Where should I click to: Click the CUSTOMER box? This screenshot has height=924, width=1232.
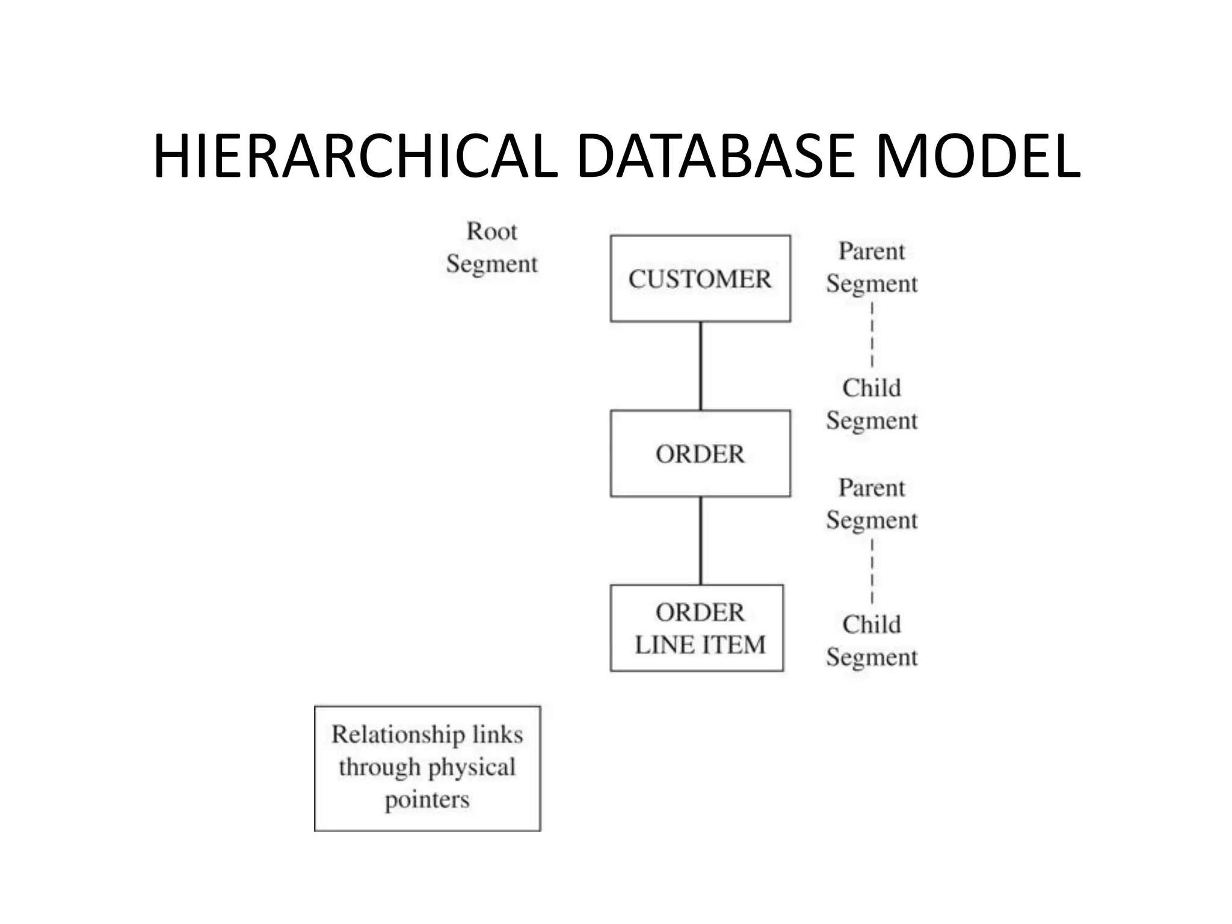700,279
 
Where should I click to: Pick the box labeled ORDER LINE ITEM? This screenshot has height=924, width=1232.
697,628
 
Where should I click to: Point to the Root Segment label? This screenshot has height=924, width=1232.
491,247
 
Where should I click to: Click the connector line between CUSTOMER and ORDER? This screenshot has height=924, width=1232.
701,366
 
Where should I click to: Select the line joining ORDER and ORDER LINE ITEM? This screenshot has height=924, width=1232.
701,540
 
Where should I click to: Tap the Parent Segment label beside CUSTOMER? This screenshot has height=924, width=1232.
872,267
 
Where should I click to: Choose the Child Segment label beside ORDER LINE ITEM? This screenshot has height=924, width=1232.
872,641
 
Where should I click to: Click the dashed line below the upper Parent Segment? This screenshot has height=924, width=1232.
872,334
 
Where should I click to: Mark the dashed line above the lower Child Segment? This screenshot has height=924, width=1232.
872,571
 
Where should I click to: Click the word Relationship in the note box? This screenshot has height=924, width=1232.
398,735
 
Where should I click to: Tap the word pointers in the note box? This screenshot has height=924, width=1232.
427,799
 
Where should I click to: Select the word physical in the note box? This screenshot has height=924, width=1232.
472,768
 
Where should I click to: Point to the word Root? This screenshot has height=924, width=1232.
491,231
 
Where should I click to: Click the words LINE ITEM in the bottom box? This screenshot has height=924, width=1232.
700,645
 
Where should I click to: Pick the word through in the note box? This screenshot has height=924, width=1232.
380,768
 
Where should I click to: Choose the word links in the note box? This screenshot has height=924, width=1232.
497,735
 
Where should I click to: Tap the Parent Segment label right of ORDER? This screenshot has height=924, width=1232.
872,504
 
